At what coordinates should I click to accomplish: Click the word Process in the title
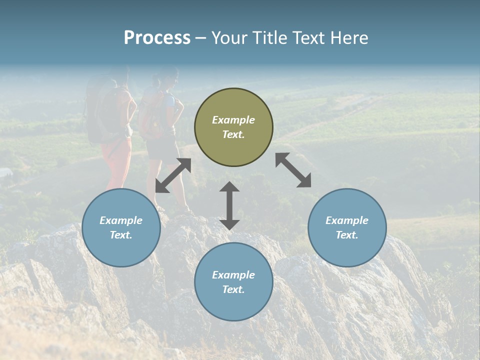157,38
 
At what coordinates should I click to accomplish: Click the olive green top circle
233,127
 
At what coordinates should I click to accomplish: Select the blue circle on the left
121,227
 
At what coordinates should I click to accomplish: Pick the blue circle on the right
347,227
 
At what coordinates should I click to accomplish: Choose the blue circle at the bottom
233,282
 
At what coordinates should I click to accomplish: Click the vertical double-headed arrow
229,205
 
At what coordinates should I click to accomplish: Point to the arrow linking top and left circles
173,175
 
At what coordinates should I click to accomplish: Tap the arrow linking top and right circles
293,170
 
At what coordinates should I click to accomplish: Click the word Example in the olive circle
233,120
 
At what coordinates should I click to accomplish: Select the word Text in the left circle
121,235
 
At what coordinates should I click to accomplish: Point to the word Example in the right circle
347,220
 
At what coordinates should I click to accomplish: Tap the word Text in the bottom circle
233,289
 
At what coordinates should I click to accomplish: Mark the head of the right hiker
169,77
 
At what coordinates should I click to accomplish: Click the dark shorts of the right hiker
161,147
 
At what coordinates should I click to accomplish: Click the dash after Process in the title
201,38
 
